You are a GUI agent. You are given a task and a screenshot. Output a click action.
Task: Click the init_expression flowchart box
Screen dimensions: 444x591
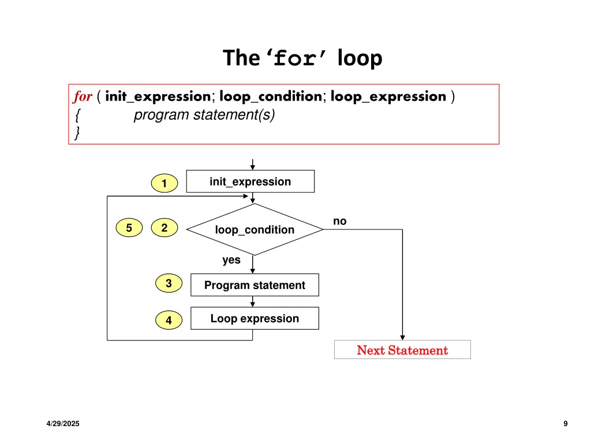click(x=250, y=182)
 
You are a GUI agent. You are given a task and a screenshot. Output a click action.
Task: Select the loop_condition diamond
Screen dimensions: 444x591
click(x=255, y=230)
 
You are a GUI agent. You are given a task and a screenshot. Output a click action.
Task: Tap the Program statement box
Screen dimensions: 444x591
click(x=255, y=285)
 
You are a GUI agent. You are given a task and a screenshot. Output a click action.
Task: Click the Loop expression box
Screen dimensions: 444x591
click(x=255, y=319)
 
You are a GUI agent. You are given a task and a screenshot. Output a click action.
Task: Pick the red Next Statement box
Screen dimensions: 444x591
click(x=402, y=350)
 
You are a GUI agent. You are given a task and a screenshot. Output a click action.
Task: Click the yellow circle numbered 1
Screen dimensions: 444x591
click(x=164, y=184)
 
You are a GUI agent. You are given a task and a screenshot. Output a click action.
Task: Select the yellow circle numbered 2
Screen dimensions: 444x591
click(x=164, y=228)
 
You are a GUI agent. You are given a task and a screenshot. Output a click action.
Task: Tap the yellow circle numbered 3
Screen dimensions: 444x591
click(x=169, y=284)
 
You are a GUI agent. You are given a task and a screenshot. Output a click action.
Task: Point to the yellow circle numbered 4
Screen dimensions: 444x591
click(x=169, y=320)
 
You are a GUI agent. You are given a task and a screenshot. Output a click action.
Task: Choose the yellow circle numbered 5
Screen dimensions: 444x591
click(x=129, y=228)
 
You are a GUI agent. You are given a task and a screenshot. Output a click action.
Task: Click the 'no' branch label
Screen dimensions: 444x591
click(x=340, y=221)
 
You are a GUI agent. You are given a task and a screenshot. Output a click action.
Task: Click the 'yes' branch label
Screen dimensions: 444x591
click(x=231, y=260)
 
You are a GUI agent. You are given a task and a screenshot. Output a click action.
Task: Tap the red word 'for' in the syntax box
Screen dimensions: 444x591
click(x=83, y=97)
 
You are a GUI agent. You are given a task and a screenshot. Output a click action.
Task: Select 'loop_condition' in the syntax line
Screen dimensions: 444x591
click(x=270, y=97)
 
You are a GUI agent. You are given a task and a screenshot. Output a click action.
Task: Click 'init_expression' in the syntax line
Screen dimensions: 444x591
click(x=158, y=97)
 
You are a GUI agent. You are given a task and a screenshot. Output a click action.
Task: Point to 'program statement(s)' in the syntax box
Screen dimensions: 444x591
click(x=204, y=115)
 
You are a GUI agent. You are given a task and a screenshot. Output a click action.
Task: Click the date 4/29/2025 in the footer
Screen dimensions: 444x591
click(x=63, y=424)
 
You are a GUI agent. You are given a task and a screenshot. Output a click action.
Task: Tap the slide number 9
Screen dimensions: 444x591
click(x=566, y=424)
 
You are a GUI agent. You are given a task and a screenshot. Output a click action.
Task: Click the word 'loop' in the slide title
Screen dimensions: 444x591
click(x=360, y=58)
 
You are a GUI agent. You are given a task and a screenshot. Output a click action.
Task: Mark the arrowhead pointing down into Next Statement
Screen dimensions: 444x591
click(x=402, y=337)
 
